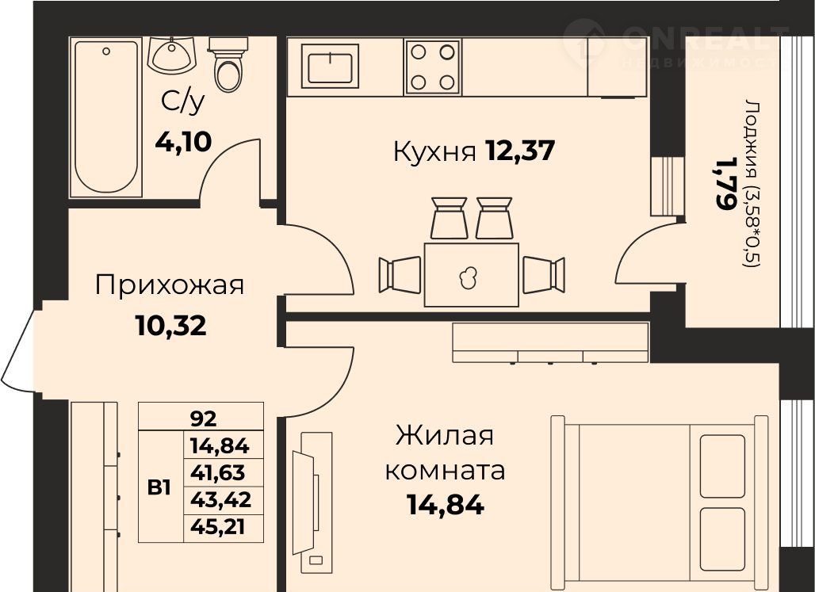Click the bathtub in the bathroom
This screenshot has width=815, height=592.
pos(106,117)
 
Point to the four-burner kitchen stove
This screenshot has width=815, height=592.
pos(432,67)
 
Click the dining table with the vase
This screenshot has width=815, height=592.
pos(472,274)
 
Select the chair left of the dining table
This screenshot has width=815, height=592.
pos(400,275)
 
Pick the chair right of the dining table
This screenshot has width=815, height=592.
pos(544,275)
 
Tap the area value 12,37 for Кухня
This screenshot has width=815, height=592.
pos(520,151)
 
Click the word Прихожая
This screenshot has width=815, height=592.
pos(170,286)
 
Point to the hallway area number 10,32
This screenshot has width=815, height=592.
pos(170,326)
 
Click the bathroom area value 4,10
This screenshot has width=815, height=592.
pos(183,141)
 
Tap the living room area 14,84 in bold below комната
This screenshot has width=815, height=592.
pos(446,504)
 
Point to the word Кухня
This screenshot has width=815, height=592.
pos(434,152)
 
